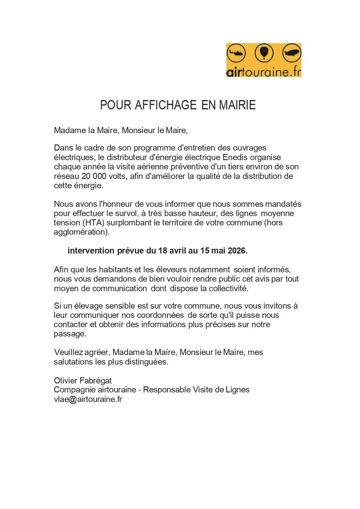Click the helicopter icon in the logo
236,53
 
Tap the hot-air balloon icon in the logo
264,52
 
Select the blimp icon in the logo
292,53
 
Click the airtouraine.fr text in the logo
264,72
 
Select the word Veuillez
69,352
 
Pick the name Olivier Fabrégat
83,380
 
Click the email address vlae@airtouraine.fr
88,399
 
